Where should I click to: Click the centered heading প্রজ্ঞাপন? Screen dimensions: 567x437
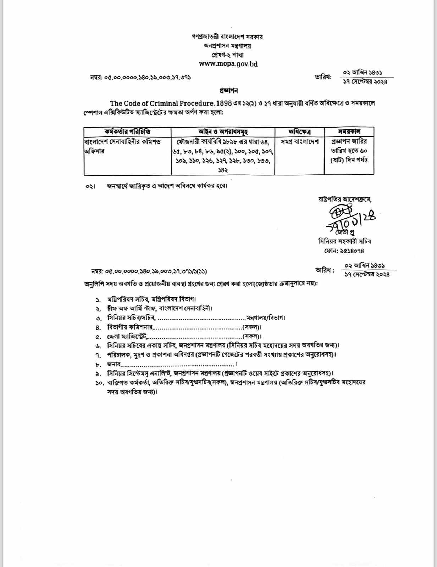click(228, 91)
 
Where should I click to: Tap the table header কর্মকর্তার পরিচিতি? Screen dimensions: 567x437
click(127, 131)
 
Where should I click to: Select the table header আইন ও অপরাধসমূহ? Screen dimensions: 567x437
click(223, 131)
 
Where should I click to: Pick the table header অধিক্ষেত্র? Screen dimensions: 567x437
click(300, 131)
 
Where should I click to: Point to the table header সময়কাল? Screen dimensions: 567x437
click(349, 131)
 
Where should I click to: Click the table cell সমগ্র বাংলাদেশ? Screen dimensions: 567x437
click(300, 141)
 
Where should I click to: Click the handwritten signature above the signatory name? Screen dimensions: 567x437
click(349, 220)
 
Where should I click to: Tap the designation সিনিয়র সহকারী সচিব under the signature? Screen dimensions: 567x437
click(344, 241)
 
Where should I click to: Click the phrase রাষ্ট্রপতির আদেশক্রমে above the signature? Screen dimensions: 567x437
click(344, 199)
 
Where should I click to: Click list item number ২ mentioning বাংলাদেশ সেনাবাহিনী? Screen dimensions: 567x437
click(160, 308)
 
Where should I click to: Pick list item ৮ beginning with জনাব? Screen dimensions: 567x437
click(170, 364)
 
